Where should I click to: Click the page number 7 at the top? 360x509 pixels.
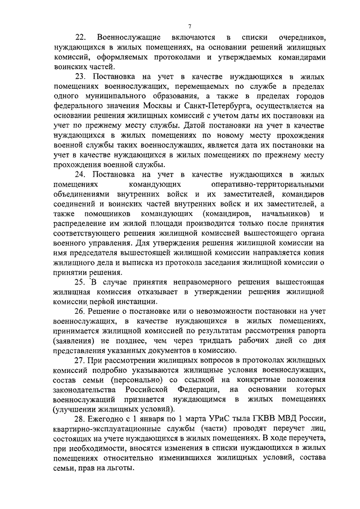coord(190,26)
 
